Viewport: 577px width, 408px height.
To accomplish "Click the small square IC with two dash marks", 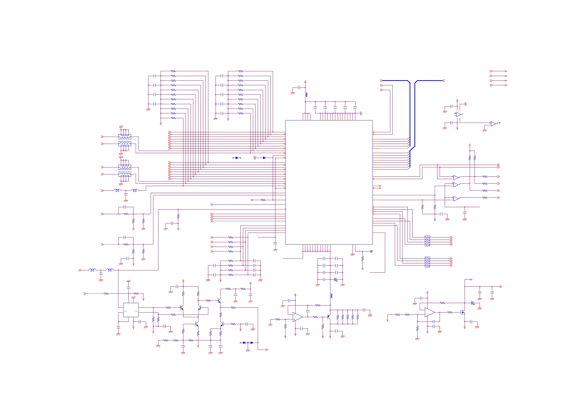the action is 131,310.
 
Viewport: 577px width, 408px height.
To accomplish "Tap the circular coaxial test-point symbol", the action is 371,251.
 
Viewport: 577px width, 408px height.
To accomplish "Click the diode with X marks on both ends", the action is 237,158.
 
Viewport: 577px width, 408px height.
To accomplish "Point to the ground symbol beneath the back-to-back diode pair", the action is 248,350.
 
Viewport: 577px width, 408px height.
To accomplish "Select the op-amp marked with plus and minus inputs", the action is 297,317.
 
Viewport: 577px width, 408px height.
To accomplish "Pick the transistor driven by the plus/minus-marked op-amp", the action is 329,317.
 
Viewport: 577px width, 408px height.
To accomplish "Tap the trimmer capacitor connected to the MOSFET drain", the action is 472,303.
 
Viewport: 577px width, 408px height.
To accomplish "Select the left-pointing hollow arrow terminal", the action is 251,200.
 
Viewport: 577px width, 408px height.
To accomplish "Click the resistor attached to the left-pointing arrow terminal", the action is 263,200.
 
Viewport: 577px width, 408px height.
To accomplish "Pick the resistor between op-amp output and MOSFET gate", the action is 450,313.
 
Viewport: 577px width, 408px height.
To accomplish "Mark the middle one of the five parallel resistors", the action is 348,317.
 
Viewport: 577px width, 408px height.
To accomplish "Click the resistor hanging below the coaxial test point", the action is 362,259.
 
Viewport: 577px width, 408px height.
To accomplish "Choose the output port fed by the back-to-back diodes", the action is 267,350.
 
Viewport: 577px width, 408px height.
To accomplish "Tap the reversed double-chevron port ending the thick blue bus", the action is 444,81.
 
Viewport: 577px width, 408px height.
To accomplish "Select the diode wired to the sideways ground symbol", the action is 264,158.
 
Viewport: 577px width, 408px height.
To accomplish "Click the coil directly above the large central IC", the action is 306,95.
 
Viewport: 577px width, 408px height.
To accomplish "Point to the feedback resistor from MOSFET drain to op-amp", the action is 442,303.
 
